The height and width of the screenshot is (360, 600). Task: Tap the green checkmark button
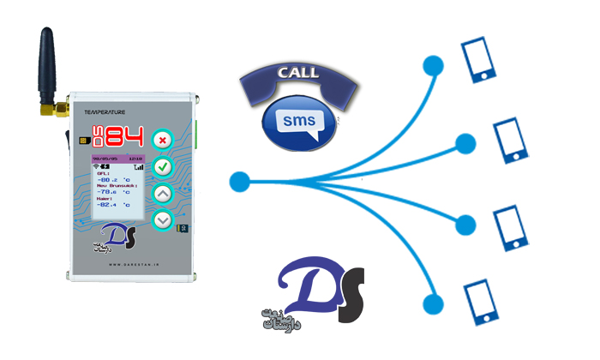point(163,166)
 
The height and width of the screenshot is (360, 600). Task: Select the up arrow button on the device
point(163,194)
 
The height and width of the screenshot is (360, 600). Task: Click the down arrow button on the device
point(163,220)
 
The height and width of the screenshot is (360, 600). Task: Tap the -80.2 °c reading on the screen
point(116,180)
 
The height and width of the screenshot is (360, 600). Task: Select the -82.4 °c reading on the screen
point(116,205)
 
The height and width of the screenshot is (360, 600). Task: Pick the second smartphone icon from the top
point(511,141)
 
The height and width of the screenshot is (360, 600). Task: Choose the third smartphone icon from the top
point(511,225)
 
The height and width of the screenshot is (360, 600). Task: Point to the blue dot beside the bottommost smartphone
point(435,302)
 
